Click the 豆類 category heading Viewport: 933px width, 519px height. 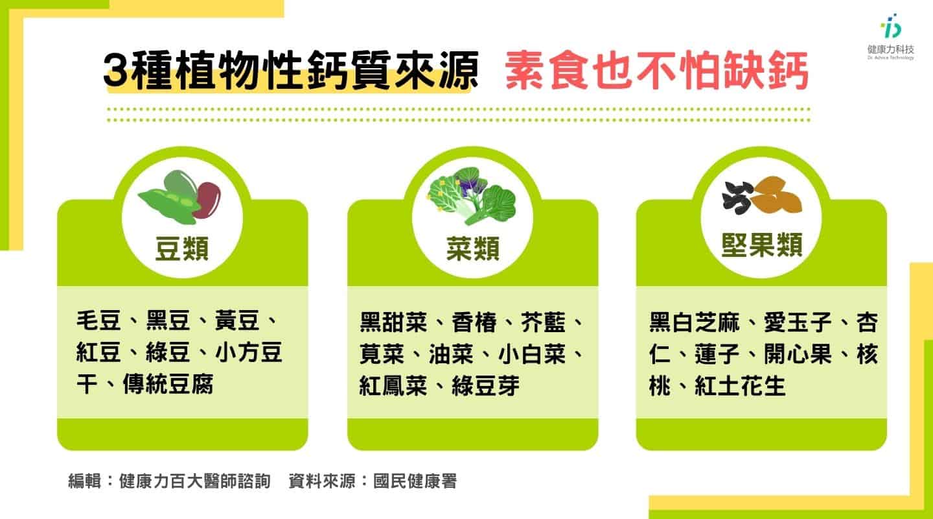pyautogui.click(x=182, y=248)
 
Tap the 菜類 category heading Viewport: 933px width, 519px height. pyautogui.click(x=473, y=248)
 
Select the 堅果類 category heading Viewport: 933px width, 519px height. pyautogui.click(x=762, y=245)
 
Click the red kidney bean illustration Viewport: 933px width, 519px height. pyautogui.click(x=208, y=200)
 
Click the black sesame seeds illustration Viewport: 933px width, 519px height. pyautogui.click(x=737, y=198)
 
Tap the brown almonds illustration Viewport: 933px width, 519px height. pyautogui.click(x=777, y=195)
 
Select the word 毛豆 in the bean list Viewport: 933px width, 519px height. pyautogui.click(x=98, y=320)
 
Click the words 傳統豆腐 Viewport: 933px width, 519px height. pyautogui.click(x=168, y=384)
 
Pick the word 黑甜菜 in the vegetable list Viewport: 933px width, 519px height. pyautogui.click(x=393, y=322)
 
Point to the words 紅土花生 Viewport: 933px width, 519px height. pyautogui.click(x=740, y=386)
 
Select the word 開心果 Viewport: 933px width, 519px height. pyautogui.click(x=798, y=354)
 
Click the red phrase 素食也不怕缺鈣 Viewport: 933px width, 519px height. pyautogui.click(x=657, y=70)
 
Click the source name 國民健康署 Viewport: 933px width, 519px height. pyautogui.click(x=415, y=481)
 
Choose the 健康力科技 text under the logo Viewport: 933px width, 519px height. pyautogui.click(x=890, y=49)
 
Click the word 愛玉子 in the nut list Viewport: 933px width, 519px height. pyautogui.click(x=798, y=322)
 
